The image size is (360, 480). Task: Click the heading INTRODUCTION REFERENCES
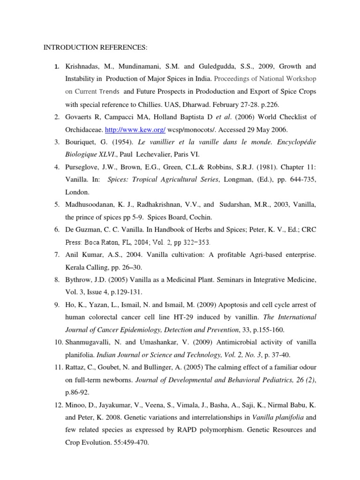(x=95, y=47)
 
